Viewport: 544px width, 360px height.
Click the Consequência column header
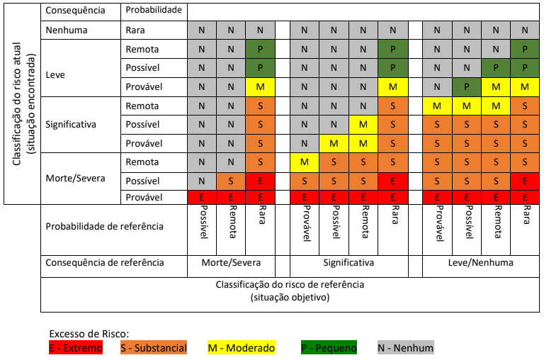75,11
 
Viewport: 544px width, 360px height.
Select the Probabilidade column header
154,11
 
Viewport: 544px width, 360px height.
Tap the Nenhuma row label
66,30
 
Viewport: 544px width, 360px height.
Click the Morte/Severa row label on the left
75,178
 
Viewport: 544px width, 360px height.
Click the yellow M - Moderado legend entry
241,348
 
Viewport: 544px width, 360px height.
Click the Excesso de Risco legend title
89,334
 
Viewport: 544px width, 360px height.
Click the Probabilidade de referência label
104,227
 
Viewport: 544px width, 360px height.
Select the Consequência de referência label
104,262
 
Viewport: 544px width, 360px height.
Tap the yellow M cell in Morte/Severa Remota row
305,162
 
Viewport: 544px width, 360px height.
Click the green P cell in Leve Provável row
466,86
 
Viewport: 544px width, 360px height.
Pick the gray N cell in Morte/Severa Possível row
202,181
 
